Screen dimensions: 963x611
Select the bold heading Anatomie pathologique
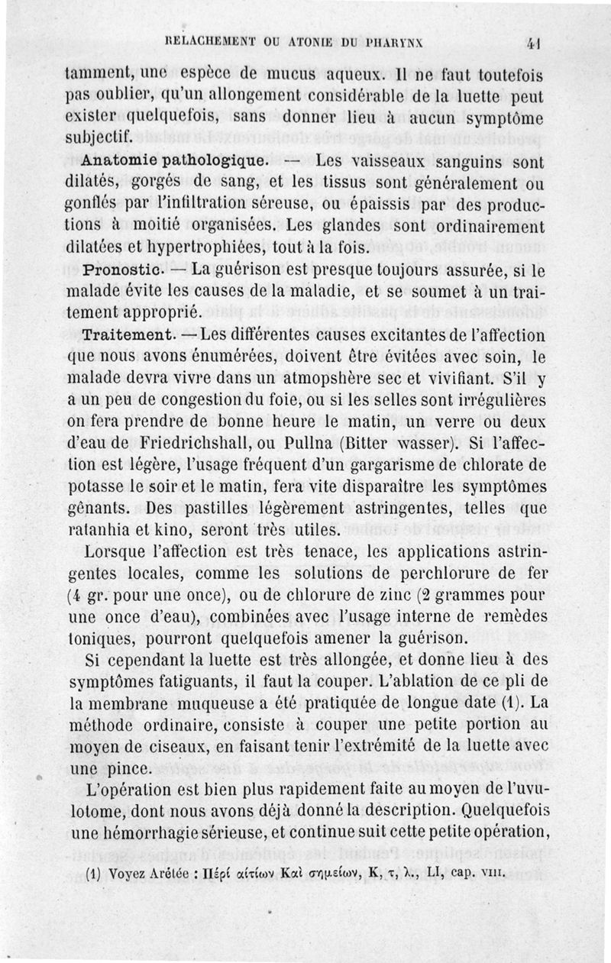[x=174, y=161]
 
